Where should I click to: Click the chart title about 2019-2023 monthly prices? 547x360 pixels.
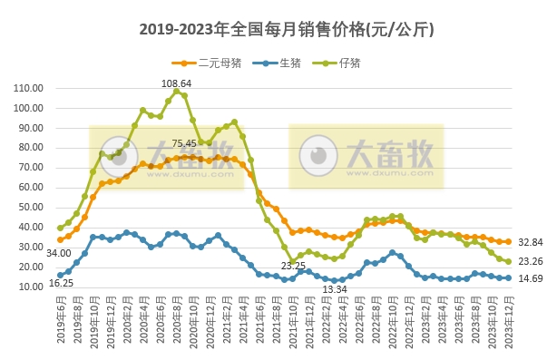point(274,30)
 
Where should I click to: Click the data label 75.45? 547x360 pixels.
point(184,143)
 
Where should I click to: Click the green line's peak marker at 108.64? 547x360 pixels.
point(176,91)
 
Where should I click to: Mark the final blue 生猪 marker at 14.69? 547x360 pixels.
point(508,277)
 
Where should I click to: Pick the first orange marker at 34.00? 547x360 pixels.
point(60,239)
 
